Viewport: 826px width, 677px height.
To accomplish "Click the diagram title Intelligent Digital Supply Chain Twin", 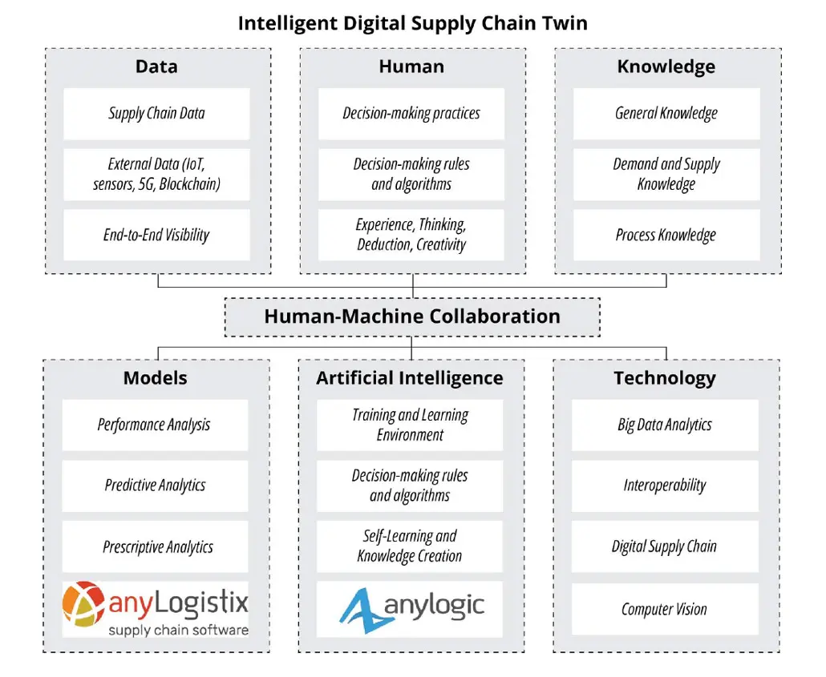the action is [x=412, y=24].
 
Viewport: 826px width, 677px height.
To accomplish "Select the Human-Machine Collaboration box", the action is [x=412, y=317].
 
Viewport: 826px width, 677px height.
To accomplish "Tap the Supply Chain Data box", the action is [x=156, y=114].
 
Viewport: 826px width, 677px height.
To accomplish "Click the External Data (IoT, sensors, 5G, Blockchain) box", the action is [x=156, y=174].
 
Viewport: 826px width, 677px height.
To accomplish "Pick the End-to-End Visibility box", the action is [x=156, y=235].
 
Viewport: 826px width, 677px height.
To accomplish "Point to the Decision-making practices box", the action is [x=411, y=114].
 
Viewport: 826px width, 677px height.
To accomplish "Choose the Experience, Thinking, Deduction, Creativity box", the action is [x=411, y=235].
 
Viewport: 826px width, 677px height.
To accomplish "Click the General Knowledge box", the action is [x=666, y=114].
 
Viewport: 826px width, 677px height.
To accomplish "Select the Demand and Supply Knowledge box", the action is [x=666, y=174].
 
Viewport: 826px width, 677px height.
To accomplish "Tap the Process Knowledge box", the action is [x=666, y=235].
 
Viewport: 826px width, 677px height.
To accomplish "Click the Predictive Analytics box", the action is [x=155, y=486].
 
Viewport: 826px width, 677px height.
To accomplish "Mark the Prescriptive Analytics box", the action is [x=155, y=546].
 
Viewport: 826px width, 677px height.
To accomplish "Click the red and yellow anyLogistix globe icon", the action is [x=83, y=604].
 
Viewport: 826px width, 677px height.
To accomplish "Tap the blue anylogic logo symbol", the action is [x=362, y=611].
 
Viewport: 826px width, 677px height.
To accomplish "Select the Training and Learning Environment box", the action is [x=410, y=425].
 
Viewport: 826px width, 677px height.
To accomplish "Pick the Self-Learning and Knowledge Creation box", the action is [x=410, y=546].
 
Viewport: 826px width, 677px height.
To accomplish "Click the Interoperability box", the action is [x=665, y=486].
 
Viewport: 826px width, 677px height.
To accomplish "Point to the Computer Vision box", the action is [x=665, y=609].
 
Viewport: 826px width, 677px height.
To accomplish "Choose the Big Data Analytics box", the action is [x=665, y=425].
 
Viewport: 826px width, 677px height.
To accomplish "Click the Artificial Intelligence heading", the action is [x=410, y=378].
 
